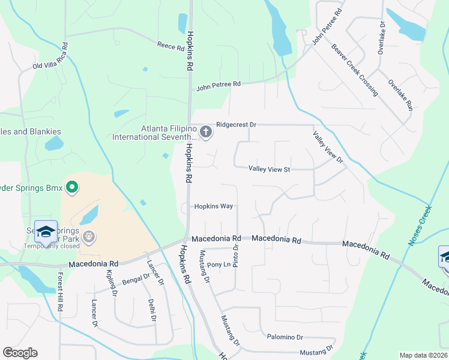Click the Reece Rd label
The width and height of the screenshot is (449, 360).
(x=170, y=45)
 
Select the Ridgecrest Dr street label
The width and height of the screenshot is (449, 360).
(x=237, y=125)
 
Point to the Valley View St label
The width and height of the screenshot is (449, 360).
(x=270, y=170)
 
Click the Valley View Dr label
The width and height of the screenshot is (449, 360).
(x=327, y=147)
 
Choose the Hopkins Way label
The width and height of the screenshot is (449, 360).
(x=213, y=206)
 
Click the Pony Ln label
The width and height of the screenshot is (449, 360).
(x=219, y=265)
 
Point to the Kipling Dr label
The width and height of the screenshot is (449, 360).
(x=110, y=282)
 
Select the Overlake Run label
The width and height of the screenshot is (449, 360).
(x=400, y=95)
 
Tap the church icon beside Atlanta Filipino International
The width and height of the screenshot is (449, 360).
(x=206, y=132)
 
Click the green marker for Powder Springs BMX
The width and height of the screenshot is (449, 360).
(x=72, y=188)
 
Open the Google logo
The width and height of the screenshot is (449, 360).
(x=20, y=352)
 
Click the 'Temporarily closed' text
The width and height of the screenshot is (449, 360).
(x=52, y=246)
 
